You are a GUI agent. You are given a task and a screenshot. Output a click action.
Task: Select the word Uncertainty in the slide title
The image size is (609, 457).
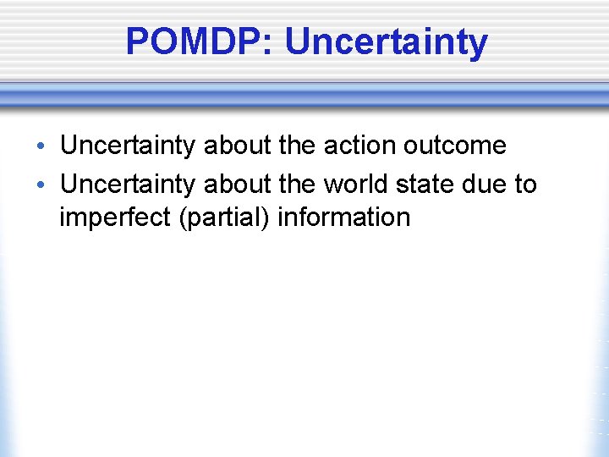386,41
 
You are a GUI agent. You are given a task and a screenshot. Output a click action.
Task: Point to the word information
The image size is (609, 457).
343,217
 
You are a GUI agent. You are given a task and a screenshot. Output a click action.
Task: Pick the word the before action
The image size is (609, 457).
296,145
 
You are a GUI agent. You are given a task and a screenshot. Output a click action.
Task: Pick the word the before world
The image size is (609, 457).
296,184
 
